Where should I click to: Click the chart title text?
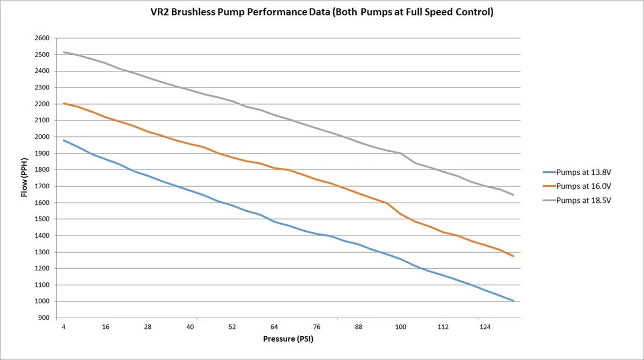coord(322,12)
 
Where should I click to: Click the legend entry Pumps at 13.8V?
coord(583,172)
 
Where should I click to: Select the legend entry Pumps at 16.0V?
coord(583,186)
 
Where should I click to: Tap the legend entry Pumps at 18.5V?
coord(583,200)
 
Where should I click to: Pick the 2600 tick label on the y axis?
coord(42,38)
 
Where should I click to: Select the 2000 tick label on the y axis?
coord(42,137)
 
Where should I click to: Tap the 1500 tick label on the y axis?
coord(42,219)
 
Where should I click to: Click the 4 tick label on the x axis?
coord(63,327)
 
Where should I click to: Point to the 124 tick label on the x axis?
coord(485,327)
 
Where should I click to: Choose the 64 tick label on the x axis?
coord(274,327)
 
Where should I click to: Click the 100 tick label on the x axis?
coord(400,327)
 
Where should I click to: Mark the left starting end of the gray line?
coord(63,52)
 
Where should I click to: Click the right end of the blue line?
coord(514,301)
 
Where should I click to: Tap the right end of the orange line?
coord(514,256)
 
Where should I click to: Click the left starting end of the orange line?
coord(63,103)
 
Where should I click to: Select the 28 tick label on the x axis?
coord(148,327)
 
